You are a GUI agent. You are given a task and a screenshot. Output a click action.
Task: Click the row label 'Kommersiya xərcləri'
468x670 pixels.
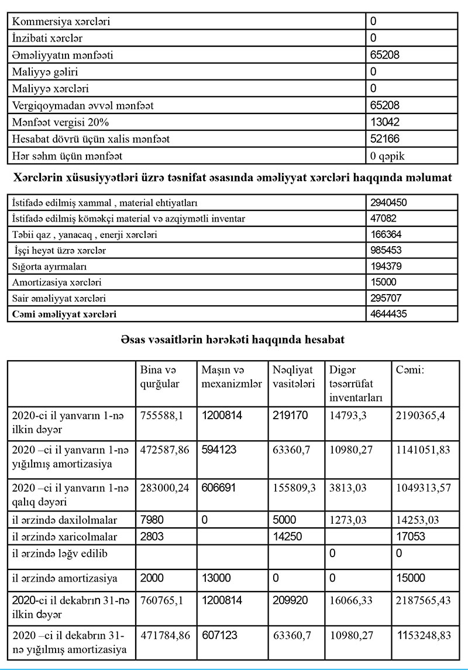tap(61, 22)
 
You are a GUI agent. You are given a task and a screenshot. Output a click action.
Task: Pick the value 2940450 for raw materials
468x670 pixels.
tap(388, 202)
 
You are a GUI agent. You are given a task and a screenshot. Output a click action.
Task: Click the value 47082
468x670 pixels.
tap(384, 218)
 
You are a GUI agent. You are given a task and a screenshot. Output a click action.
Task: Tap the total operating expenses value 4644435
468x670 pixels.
tap(388, 314)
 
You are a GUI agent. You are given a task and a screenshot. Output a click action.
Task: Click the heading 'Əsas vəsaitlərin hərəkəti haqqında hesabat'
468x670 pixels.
tap(233, 340)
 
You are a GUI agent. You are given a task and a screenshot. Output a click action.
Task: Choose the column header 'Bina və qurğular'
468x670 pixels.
tap(160, 377)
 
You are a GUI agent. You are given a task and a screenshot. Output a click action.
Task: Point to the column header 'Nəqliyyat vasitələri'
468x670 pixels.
tap(293, 377)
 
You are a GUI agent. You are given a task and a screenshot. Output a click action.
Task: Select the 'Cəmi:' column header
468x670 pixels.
tap(409, 370)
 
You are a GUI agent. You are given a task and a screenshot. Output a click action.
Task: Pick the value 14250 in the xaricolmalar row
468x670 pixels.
tap(287, 536)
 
